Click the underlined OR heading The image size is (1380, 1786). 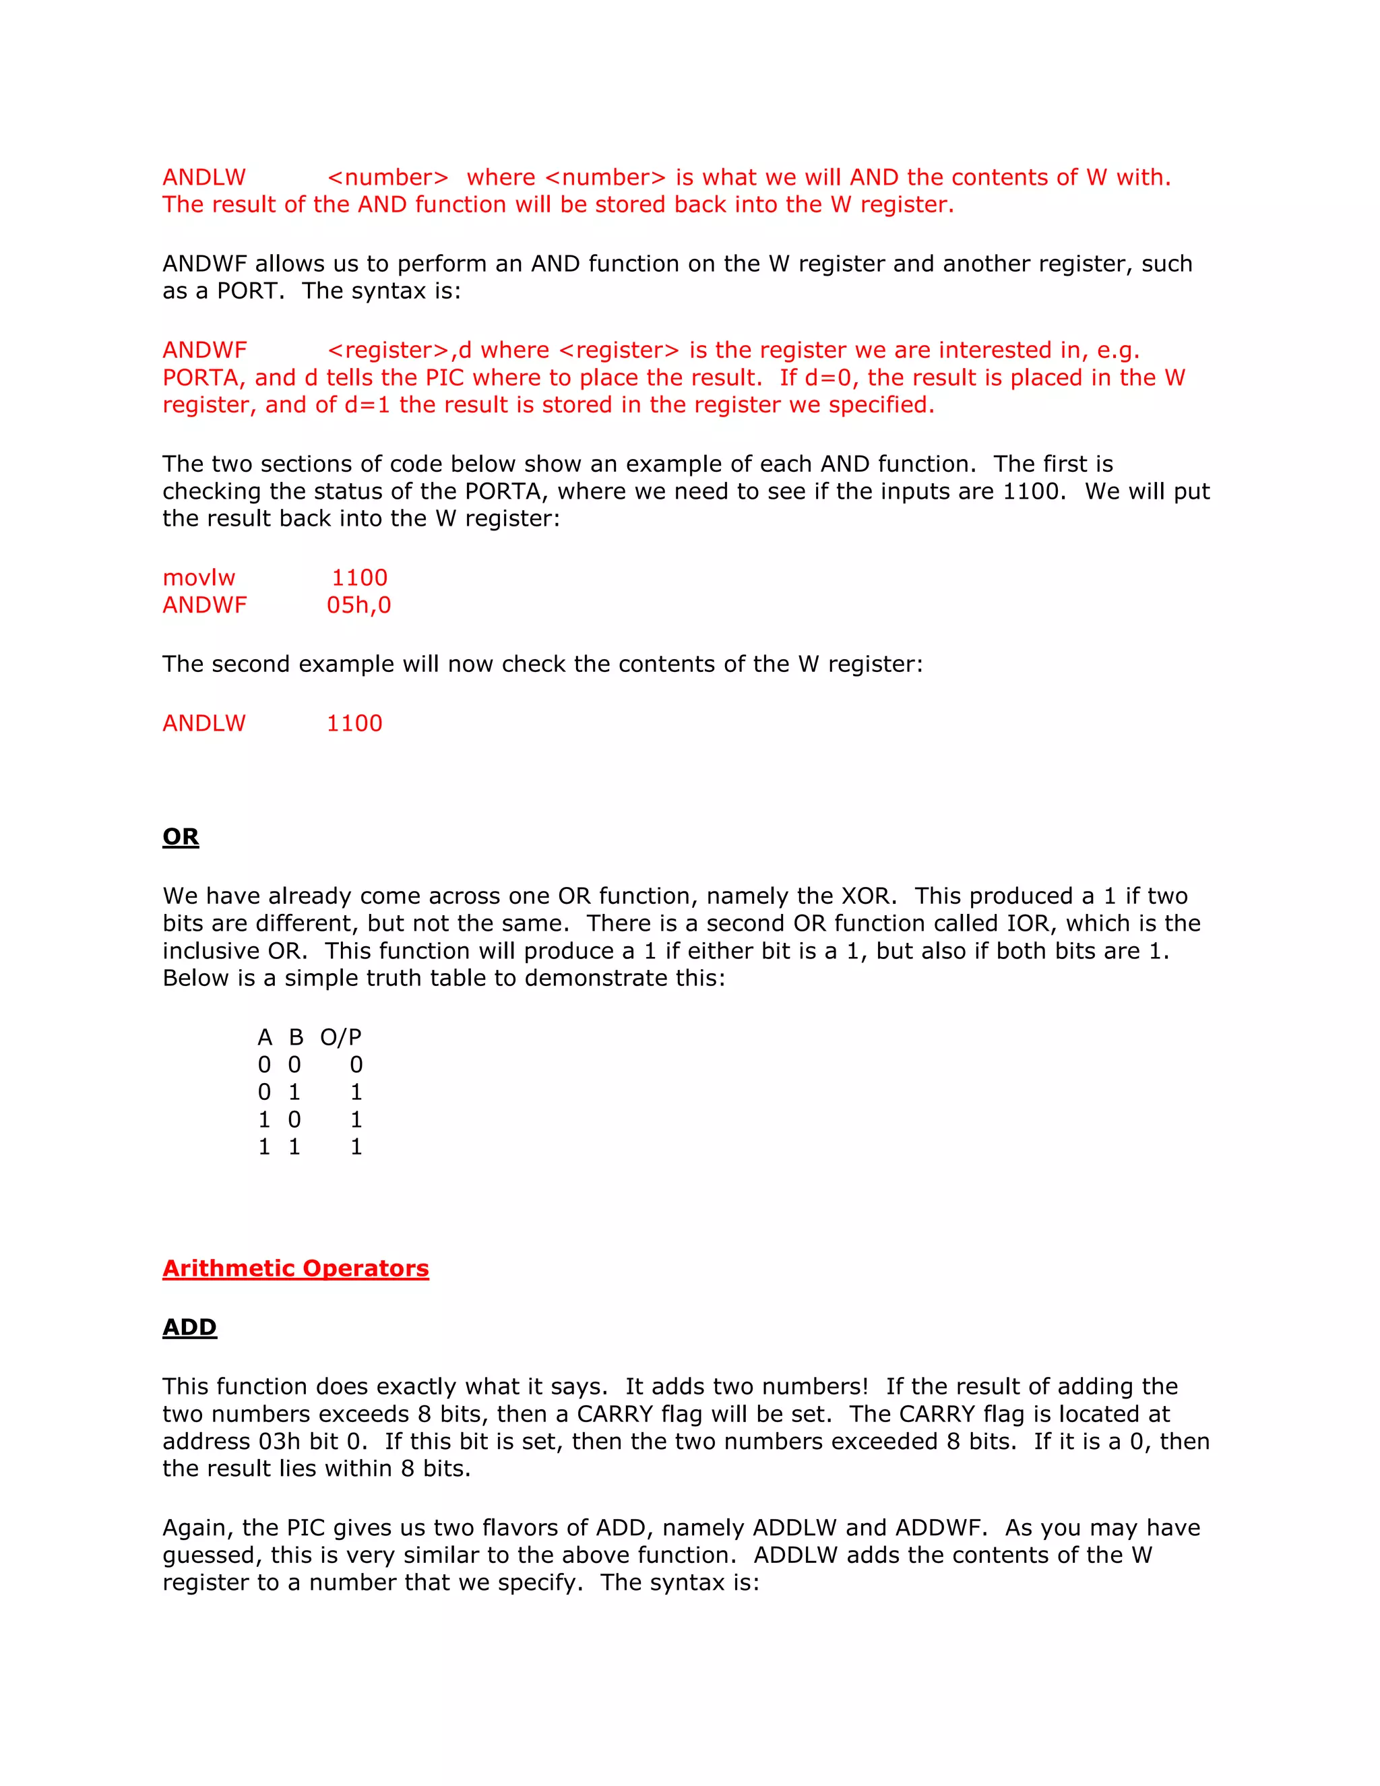tap(181, 836)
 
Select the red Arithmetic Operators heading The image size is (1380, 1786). tap(295, 1268)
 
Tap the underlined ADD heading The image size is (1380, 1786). tap(189, 1327)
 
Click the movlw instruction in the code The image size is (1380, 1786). tap(199, 578)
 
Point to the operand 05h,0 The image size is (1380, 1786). tap(359, 605)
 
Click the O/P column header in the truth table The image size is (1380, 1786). tap(340, 1038)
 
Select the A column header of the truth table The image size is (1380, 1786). tap(264, 1038)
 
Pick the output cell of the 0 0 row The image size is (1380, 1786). tap(356, 1065)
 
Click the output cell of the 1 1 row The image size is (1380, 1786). tap(356, 1147)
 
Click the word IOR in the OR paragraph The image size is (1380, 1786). tap(1027, 923)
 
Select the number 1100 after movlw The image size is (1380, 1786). tap(359, 578)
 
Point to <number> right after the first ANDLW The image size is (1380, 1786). tap(387, 177)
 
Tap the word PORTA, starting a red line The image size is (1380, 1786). tap(203, 378)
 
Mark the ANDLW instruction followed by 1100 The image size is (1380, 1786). tap(203, 724)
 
